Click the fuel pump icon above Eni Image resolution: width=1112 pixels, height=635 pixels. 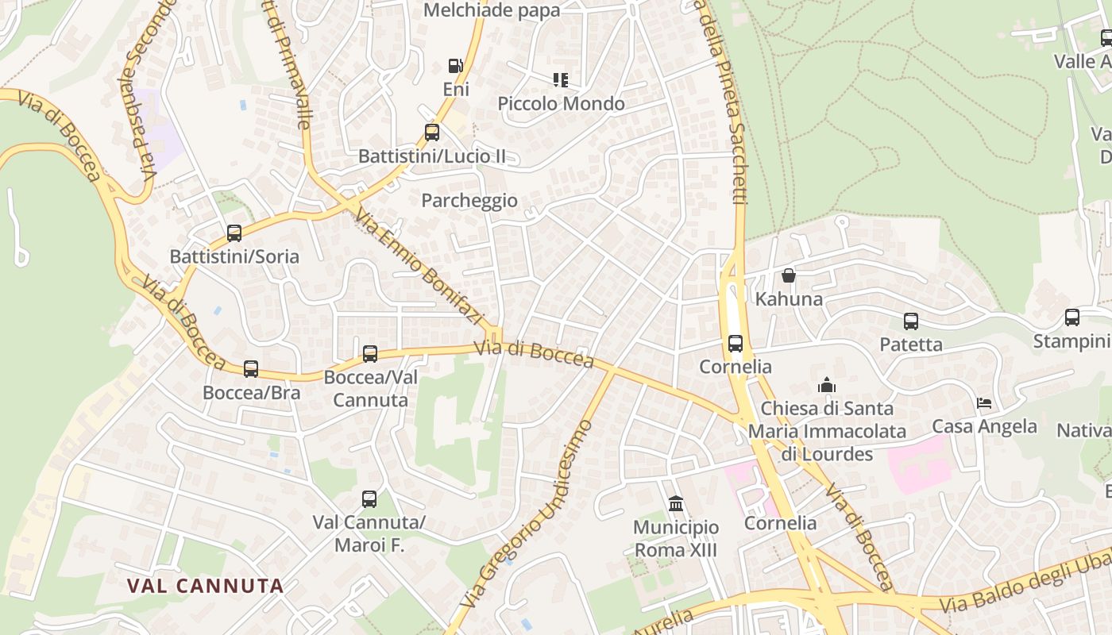(455, 66)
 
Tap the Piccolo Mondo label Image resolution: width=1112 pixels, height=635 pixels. (561, 104)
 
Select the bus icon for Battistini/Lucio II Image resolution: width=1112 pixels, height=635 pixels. (432, 133)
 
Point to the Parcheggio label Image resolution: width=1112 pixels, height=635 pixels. (469, 201)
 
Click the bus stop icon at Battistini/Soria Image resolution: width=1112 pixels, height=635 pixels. (234, 233)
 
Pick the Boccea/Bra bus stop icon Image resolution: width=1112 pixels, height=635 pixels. (251, 369)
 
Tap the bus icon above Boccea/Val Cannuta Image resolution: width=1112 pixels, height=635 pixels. (370, 354)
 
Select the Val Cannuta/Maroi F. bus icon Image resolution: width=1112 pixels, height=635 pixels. (369, 499)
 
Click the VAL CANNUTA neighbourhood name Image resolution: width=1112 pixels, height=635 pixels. (206, 586)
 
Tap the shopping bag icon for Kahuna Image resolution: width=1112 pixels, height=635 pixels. (789, 275)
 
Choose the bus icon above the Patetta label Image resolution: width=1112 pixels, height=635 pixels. (911, 321)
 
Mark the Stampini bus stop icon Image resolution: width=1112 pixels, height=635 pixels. (1072, 317)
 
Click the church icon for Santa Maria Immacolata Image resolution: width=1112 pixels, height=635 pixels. (827, 385)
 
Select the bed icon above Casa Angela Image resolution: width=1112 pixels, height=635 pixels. (984, 403)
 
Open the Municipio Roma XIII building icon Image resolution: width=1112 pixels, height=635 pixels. (676, 504)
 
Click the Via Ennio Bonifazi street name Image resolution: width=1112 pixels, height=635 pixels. (419, 267)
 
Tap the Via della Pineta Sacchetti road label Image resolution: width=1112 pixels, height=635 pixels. (727, 103)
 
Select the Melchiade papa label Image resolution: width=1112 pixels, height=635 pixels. (492, 10)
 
